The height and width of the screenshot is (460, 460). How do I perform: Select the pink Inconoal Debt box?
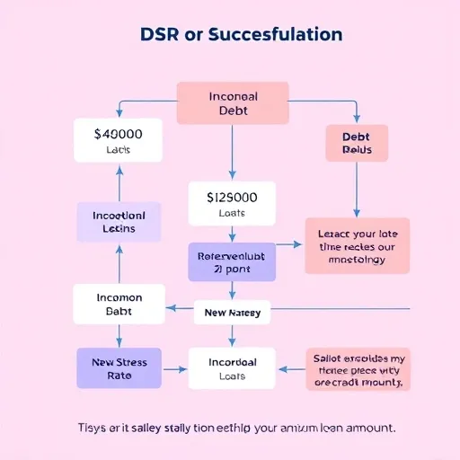coord(232,102)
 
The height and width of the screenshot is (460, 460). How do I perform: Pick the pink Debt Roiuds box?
coord(356,143)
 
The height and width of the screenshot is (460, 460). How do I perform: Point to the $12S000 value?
coord(232,197)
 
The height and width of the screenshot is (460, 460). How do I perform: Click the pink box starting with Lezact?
coord(357,244)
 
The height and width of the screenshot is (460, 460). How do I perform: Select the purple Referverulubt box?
coord(232,261)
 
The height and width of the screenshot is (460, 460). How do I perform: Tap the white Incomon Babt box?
coord(119,304)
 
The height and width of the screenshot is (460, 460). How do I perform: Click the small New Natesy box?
coord(233,313)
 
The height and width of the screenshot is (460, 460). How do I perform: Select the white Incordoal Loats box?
coord(233,369)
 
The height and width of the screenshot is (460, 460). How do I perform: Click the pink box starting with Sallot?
coord(357,368)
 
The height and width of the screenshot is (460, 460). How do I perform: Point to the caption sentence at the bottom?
coord(230,427)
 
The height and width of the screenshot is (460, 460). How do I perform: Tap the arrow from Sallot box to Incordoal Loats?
coord(291,368)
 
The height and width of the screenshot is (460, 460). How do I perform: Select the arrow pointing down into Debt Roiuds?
coord(356,114)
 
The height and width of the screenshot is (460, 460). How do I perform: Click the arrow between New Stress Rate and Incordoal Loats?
coord(174,369)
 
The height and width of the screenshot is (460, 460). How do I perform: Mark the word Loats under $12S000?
coord(232,215)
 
